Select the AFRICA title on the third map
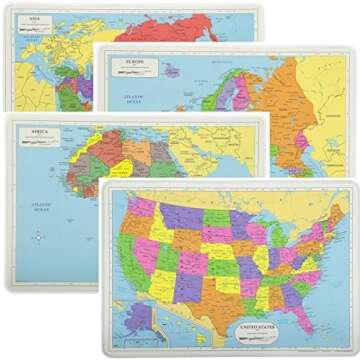click(x=39, y=133)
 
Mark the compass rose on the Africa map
click(x=38, y=237)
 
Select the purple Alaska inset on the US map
click(x=140, y=318)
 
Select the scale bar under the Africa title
click(x=38, y=143)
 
